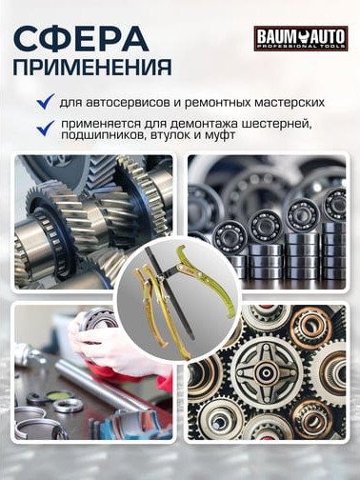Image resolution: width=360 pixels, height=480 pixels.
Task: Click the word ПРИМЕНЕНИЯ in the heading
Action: point(93,68)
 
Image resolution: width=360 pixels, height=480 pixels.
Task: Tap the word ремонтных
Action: point(217,102)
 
